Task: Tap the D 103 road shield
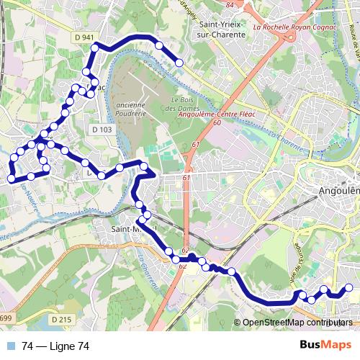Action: point(102,130)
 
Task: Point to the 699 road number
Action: point(6,318)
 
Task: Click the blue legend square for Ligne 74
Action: point(12,346)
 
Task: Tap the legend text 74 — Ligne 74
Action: point(55,346)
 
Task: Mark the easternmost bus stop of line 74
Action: point(349,288)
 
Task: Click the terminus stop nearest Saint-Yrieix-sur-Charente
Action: point(179,63)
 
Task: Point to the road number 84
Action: point(230,5)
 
